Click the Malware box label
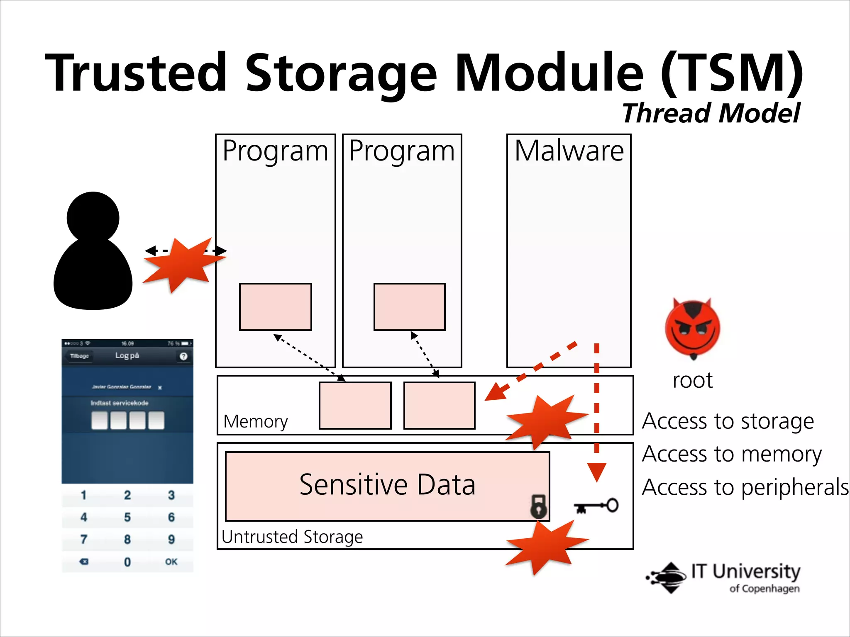click(x=569, y=151)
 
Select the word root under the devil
click(x=692, y=380)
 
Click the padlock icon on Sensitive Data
click(x=538, y=506)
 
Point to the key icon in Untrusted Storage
click(x=596, y=506)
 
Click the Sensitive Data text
click(x=387, y=485)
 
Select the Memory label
click(x=255, y=422)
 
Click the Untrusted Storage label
click(x=292, y=537)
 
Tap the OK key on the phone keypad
click(x=171, y=562)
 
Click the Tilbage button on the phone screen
click(x=79, y=356)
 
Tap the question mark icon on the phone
click(x=183, y=356)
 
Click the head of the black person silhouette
click(x=93, y=217)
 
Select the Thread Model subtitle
click(x=711, y=113)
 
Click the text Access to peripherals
click(x=745, y=487)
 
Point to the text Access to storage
click(x=728, y=421)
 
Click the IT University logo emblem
click(x=667, y=577)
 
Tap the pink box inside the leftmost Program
click(x=275, y=307)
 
